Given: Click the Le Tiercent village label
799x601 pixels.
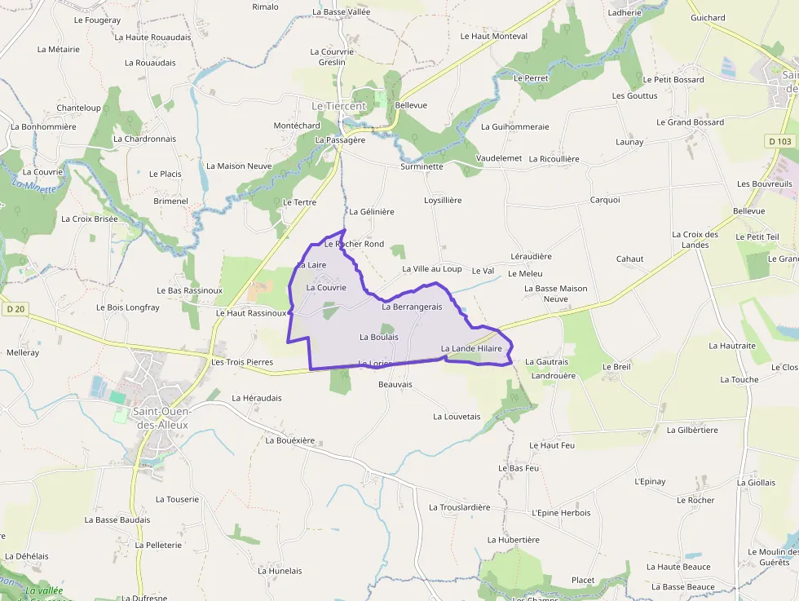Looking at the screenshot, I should (338, 106).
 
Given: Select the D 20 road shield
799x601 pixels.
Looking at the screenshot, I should (15, 308).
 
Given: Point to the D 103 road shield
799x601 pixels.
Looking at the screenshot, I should (779, 141).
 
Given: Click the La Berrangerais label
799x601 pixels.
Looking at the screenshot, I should (412, 307).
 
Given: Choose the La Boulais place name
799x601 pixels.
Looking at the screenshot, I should (379, 336).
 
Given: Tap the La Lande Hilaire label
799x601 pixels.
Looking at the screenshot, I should (471, 348).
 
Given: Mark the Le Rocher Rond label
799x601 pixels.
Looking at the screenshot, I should (354, 244).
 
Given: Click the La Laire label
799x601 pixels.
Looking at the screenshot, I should (312, 265).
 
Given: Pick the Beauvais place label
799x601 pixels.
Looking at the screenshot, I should (395, 383).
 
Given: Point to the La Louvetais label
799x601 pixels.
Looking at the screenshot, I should (457, 416).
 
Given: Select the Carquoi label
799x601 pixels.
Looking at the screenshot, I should (605, 199).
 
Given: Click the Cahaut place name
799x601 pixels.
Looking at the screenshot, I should (629, 259).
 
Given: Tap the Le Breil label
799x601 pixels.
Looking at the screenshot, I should (616, 366).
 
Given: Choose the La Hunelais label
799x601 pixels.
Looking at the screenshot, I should (280, 571).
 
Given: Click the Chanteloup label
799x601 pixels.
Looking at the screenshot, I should (78, 108).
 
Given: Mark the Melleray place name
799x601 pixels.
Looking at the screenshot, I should (22, 352).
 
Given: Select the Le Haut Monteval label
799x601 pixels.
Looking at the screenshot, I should (494, 36).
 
